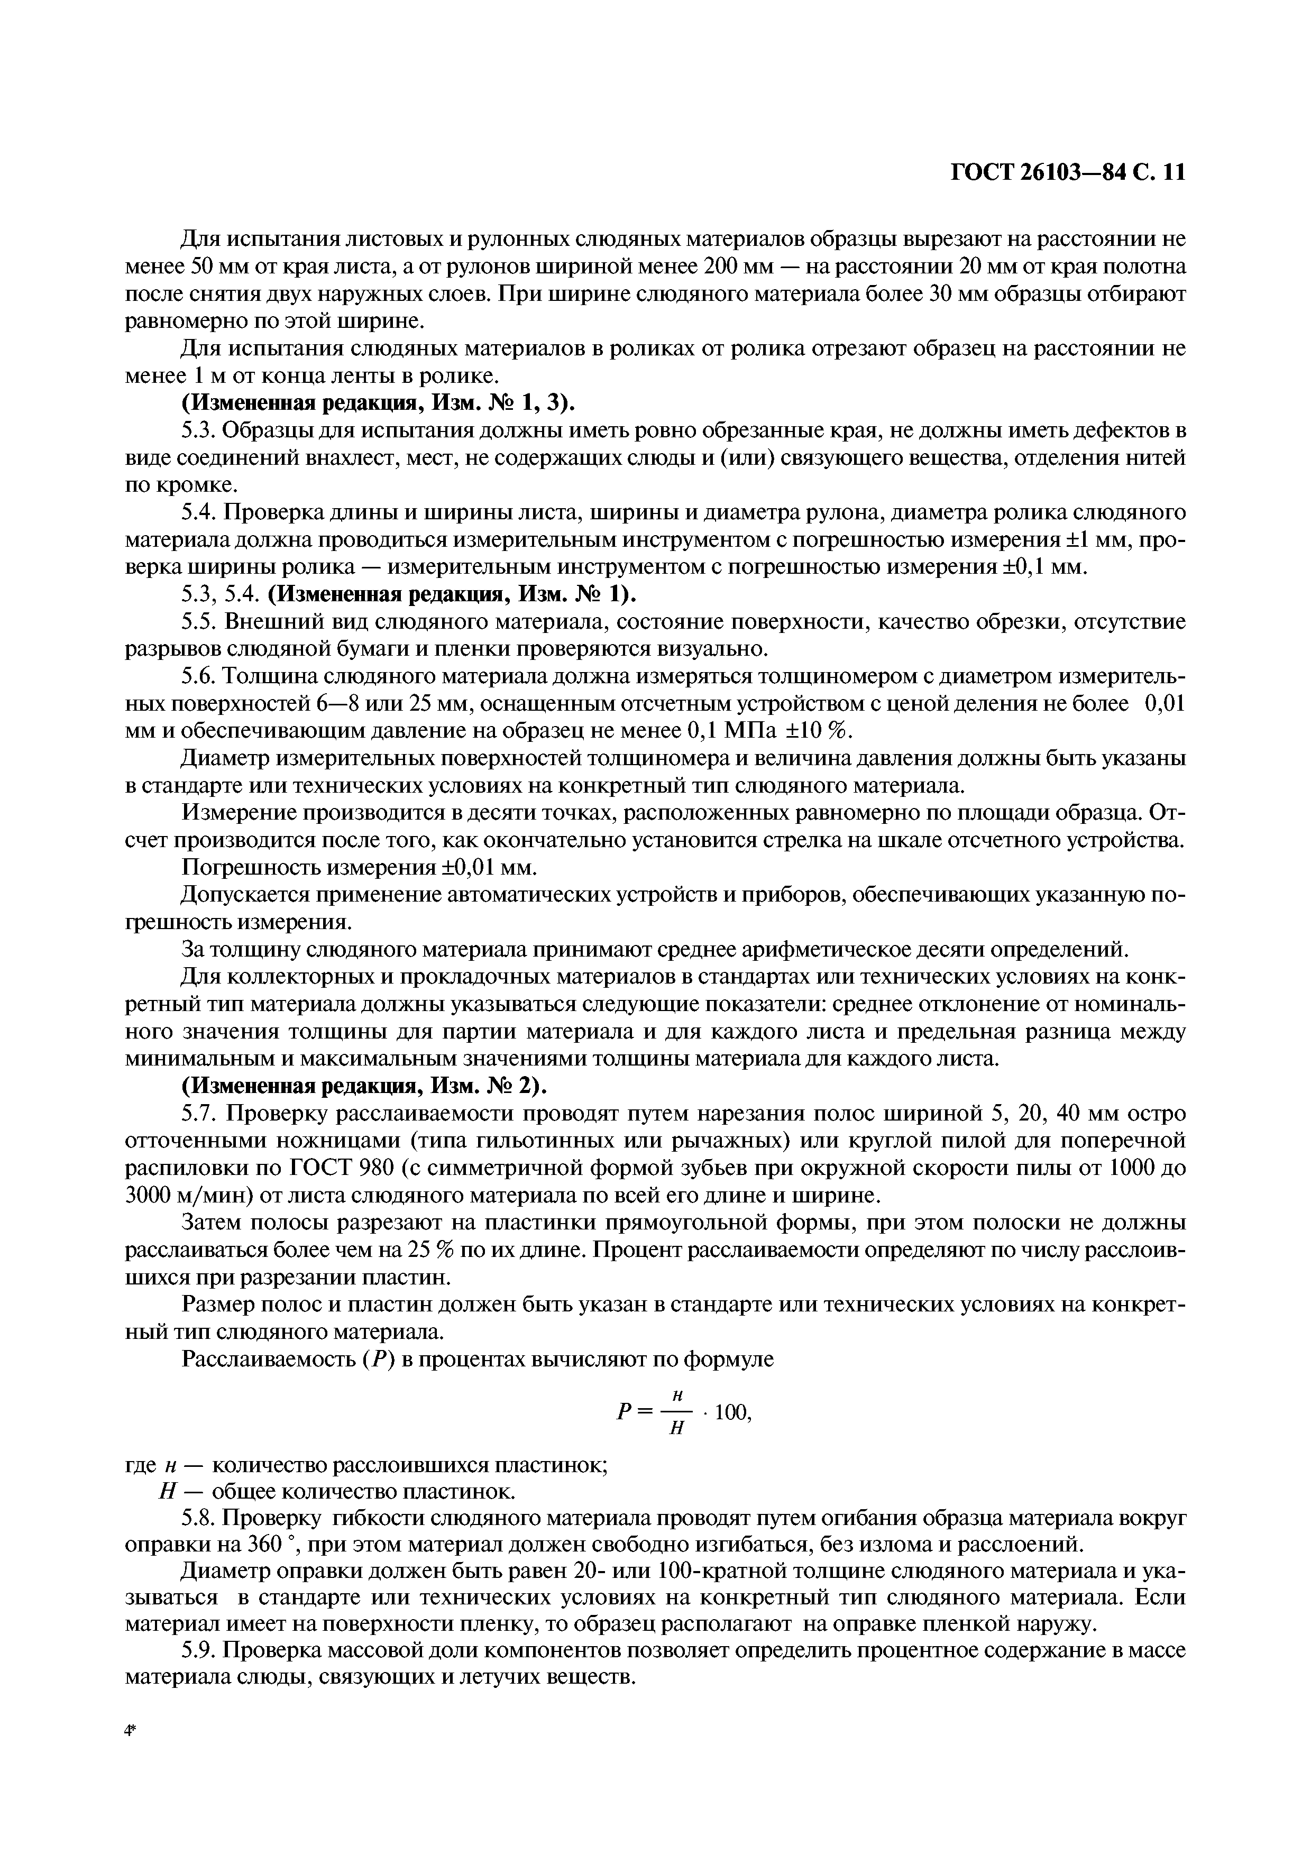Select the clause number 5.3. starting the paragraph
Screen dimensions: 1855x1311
click(199, 430)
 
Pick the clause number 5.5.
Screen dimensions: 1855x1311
click(199, 622)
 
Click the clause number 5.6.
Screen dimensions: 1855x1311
click(199, 676)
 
